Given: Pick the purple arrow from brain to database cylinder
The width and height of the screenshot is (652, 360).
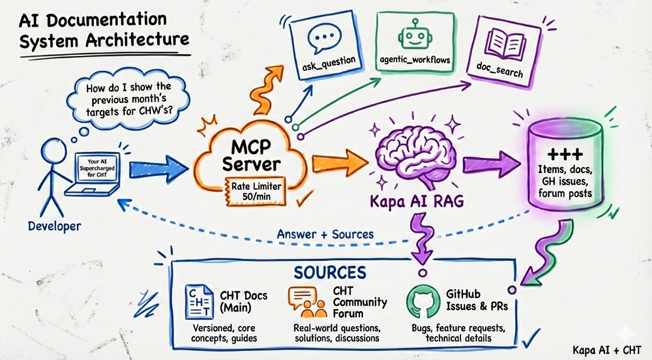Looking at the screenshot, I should tap(491, 164).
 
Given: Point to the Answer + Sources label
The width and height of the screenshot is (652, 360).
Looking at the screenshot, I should tap(325, 234).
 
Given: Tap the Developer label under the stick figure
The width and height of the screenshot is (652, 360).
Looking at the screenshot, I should tap(54, 226).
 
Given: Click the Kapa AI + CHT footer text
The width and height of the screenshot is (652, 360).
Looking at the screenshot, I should tap(607, 350).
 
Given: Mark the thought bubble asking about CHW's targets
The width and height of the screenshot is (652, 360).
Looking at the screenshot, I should tap(128, 100).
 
